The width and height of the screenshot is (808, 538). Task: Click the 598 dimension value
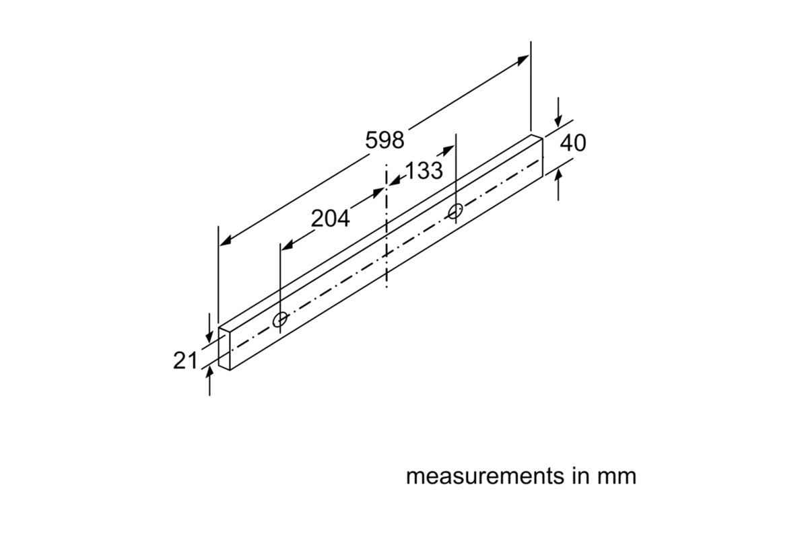click(384, 140)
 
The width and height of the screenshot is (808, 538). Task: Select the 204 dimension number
click(330, 219)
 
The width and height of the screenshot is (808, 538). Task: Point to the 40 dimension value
click(573, 143)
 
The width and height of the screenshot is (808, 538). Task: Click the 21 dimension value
click(185, 360)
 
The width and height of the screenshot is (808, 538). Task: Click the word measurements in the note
click(475, 476)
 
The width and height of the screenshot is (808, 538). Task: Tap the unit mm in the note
click(616, 476)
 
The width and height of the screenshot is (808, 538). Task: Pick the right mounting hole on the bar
click(456, 211)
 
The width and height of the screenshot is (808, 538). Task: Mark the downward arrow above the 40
click(558, 120)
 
